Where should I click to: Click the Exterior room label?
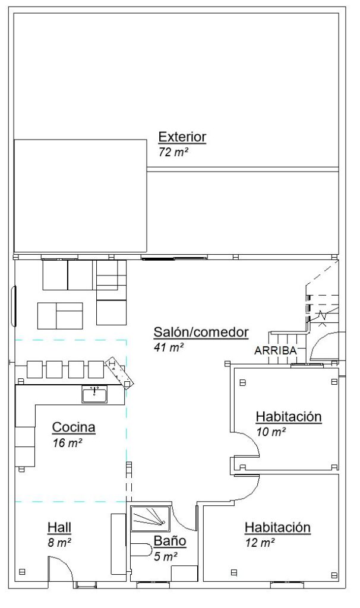pos(182,137)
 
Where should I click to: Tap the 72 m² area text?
pos(173,152)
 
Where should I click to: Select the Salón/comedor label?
pos(201,332)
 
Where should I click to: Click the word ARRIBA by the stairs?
pos(275,350)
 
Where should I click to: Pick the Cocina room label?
pos(74,427)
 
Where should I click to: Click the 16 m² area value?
pos(67,442)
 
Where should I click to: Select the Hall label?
pos(59,527)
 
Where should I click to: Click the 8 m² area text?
pos(60,542)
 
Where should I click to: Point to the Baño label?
pos(170,541)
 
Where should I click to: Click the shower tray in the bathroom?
pos(150,518)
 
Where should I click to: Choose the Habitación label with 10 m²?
pos(288,417)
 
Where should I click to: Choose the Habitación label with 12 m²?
pos(277,527)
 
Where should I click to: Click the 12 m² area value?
pos(260,542)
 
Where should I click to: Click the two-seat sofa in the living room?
pos(60,315)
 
